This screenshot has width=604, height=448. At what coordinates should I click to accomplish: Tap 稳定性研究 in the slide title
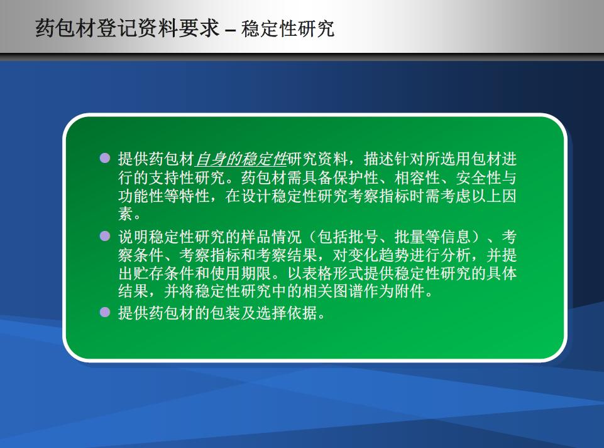click(288, 28)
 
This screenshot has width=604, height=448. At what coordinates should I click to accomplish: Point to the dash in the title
click(231, 31)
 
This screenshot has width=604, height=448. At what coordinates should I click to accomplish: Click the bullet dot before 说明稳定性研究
click(105, 235)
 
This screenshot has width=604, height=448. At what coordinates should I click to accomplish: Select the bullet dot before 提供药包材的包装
click(105, 312)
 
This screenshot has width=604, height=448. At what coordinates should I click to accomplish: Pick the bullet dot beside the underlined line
click(105, 158)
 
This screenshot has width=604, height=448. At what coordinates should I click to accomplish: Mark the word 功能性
click(141, 196)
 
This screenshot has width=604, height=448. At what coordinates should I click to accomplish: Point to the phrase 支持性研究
click(187, 177)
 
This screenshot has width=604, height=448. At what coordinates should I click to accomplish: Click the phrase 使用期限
click(241, 273)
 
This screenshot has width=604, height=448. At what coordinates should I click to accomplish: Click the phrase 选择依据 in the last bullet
click(287, 313)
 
